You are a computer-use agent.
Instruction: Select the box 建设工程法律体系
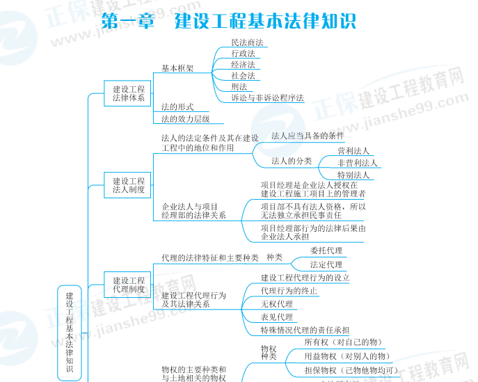[x=129, y=94]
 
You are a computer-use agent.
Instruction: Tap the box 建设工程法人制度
[x=129, y=185]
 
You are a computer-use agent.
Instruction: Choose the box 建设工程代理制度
[x=129, y=285]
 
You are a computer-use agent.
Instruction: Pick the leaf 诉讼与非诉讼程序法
[x=267, y=98]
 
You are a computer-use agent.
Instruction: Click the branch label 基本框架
[x=177, y=69]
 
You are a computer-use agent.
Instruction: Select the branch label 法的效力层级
[x=185, y=119]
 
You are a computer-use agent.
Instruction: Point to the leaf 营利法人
[x=353, y=151]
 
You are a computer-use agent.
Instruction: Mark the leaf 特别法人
[x=353, y=175]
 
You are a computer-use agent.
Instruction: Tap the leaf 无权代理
[x=276, y=304]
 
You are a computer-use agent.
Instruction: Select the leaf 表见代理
[x=276, y=317]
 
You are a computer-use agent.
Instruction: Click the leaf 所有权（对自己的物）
[x=344, y=342]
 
